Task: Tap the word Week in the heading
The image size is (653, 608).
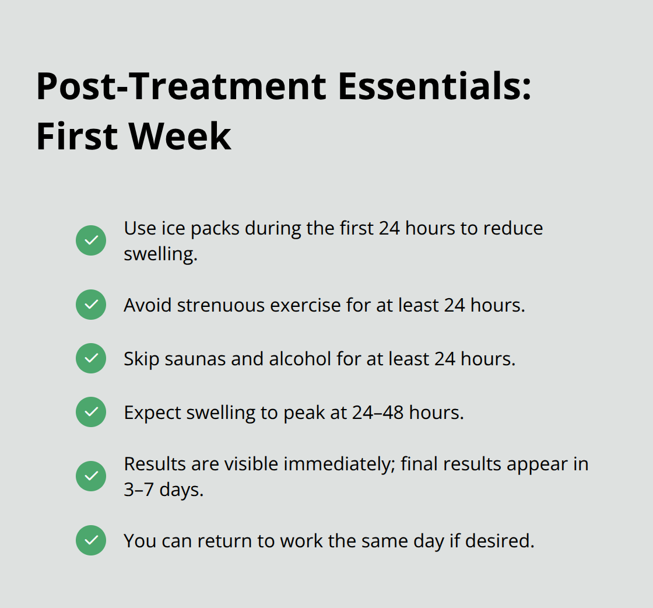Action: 180,136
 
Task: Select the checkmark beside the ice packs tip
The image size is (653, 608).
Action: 91,240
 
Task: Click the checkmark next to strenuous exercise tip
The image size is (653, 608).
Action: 91,305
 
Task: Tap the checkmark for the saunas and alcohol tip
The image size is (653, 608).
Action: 91,358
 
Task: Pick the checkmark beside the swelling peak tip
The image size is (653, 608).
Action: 91,412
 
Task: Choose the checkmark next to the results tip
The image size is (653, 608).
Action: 91,476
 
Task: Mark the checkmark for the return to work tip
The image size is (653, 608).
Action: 91,540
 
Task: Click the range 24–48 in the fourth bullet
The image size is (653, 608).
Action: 378,413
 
